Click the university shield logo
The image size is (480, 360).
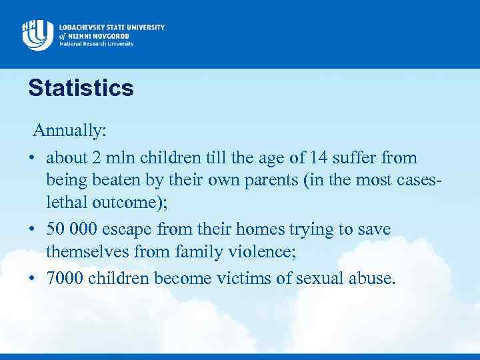[37, 33]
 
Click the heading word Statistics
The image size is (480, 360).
[81, 88]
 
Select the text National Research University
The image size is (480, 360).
[96, 44]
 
